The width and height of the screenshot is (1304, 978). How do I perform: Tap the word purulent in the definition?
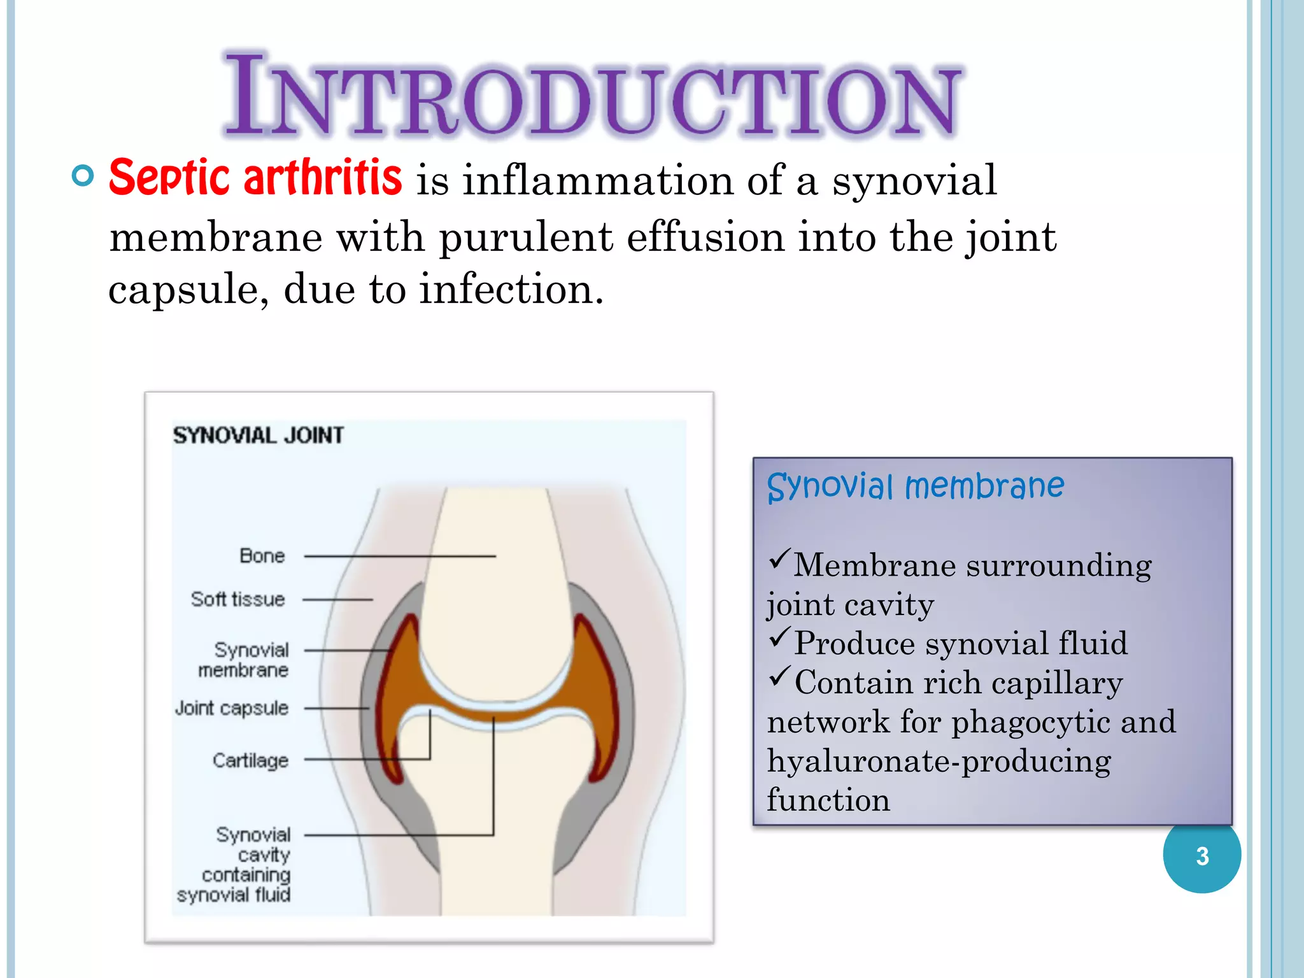(526, 237)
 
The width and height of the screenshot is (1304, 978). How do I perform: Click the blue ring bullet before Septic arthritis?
(83, 175)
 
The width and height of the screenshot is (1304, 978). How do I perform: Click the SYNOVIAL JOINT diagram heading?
(258, 436)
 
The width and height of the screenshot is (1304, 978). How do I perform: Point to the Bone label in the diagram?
(262, 556)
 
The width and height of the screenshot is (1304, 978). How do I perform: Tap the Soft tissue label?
(237, 599)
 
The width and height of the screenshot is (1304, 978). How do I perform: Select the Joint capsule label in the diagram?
(232, 708)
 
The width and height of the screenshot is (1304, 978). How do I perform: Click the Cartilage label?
(250, 760)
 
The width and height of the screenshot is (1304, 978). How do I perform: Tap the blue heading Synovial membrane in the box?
(915, 486)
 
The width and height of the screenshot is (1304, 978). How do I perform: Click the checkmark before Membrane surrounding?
(779, 558)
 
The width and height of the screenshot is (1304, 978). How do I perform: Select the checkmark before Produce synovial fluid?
(779, 637)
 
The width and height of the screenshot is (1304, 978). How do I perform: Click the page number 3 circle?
(1201, 855)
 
